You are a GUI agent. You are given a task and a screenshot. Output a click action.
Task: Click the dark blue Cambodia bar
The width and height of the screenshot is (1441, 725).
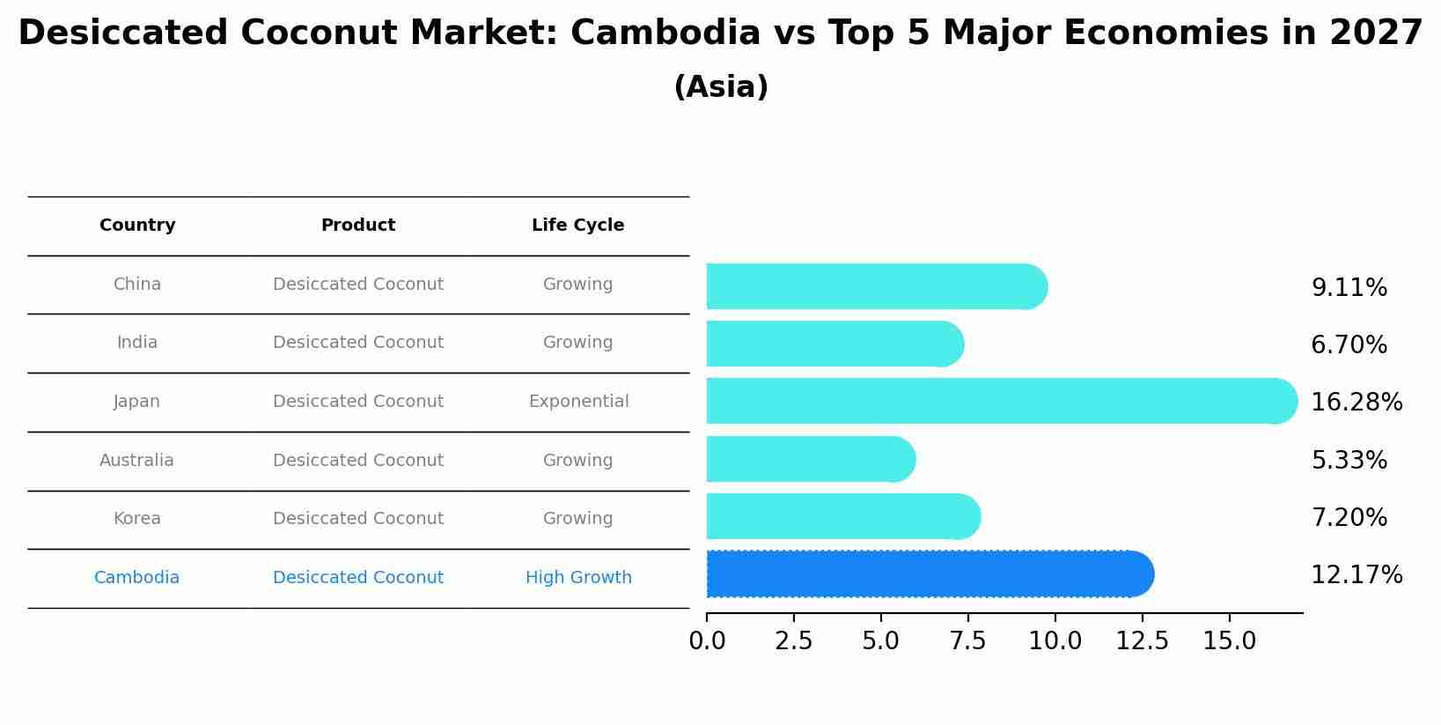click(929, 574)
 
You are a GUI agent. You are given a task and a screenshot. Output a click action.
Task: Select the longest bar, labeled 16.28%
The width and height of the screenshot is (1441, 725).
click(1001, 402)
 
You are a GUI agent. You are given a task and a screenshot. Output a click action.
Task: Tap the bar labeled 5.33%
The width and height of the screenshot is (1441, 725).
click(810, 459)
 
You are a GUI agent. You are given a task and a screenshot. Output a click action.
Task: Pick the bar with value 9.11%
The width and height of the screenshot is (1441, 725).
click(876, 287)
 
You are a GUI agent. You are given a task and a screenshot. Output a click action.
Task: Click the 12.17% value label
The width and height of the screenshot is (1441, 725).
click(1356, 575)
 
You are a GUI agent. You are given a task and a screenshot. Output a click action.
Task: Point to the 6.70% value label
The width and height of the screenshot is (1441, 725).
click(1349, 345)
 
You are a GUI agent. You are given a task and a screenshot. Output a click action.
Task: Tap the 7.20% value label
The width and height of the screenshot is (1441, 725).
click(1349, 518)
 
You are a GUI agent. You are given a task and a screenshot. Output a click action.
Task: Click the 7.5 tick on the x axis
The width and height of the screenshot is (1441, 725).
click(967, 641)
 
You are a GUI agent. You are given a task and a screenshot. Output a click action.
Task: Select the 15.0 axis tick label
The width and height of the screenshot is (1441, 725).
click(1229, 641)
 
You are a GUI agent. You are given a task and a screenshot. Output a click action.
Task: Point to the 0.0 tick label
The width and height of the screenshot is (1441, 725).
click(707, 641)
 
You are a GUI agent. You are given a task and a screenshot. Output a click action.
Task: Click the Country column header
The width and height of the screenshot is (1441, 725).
click(137, 226)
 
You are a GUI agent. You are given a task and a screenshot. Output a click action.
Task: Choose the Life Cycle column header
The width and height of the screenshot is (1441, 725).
click(577, 226)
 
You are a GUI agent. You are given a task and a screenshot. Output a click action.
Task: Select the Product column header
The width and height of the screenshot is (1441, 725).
click(357, 226)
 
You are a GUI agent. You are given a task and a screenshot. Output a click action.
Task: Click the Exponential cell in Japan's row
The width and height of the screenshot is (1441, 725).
click(578, 402)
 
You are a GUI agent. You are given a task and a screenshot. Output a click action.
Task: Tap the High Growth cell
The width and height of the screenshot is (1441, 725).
click(578, 578)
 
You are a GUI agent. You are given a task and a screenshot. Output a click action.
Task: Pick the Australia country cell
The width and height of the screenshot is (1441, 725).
click(136, 461)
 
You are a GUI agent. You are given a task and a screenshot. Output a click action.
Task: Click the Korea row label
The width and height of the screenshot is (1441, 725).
click(136, 519)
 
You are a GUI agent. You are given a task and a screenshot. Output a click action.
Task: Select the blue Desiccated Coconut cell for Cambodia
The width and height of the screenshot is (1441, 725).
click(357, 578)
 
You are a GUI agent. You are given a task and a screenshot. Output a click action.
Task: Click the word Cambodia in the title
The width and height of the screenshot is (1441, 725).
click(665, 33)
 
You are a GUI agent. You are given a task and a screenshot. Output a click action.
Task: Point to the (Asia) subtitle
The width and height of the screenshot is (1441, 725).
click(720, 87)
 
